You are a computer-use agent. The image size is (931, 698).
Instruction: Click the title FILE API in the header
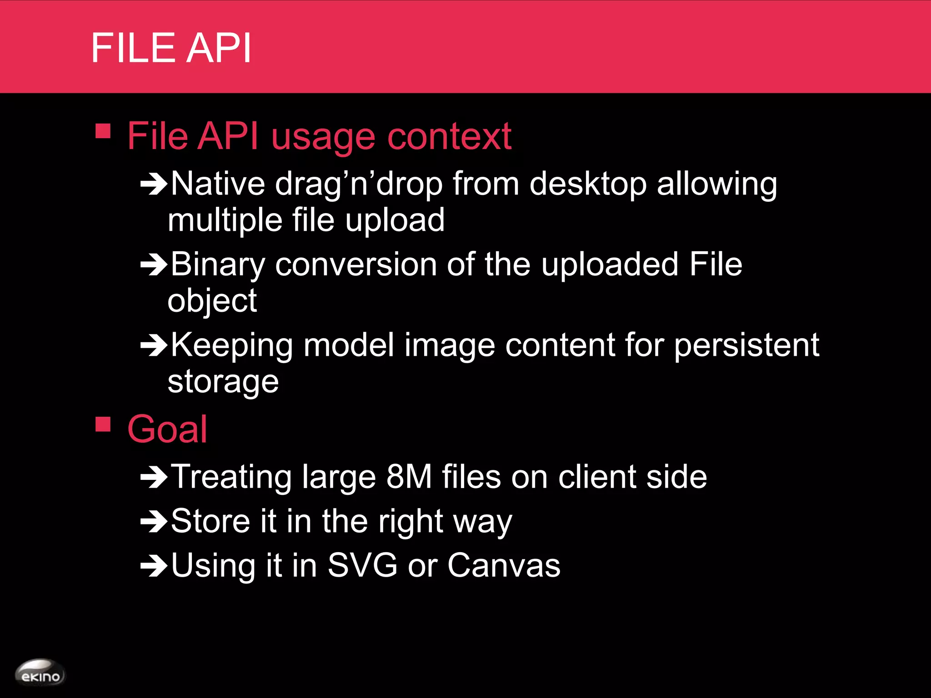pyautogui.click(x=171, y=48)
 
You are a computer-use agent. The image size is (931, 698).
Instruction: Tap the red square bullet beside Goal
pyautogui.click(x=103, y=424)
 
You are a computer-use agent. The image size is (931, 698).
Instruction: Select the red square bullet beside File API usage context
pyautogui.click(x=103, y=131)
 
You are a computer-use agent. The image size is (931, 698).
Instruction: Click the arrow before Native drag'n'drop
pyautogui.click(x=154, y=184)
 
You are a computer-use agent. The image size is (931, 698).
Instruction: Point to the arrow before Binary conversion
pyautogui.click(x=154, y=265)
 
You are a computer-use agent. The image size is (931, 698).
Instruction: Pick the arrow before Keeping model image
pyautogui.click(x=154, y=345)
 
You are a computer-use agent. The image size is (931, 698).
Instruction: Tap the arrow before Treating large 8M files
pyautogui.click(x=154, y=477)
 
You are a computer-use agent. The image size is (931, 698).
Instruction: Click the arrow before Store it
pyautogui.click(x=154, y=522)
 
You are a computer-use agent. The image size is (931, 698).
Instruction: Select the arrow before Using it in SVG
pyautogui.click(x=154, y=566)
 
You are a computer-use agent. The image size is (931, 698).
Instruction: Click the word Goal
pyautogui.click(x=167, y=429)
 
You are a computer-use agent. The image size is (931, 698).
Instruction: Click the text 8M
pyautogui.click(x=409, y=477)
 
